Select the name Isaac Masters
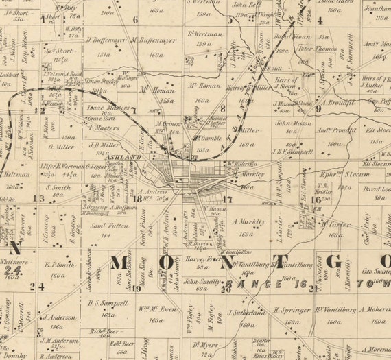pyautogui.click(x=105, y=108)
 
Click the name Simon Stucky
pyautogui.click(x=102, y=80)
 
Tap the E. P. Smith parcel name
pyautogui.click(x=59, y=264)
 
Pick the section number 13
pyautogui.click(x=42, y=198)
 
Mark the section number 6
pyautogui.click(x=135, y=20)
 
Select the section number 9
pyautogui.click(x=319, y=108)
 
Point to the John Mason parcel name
pyautogui.click(x=294, y=124)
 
